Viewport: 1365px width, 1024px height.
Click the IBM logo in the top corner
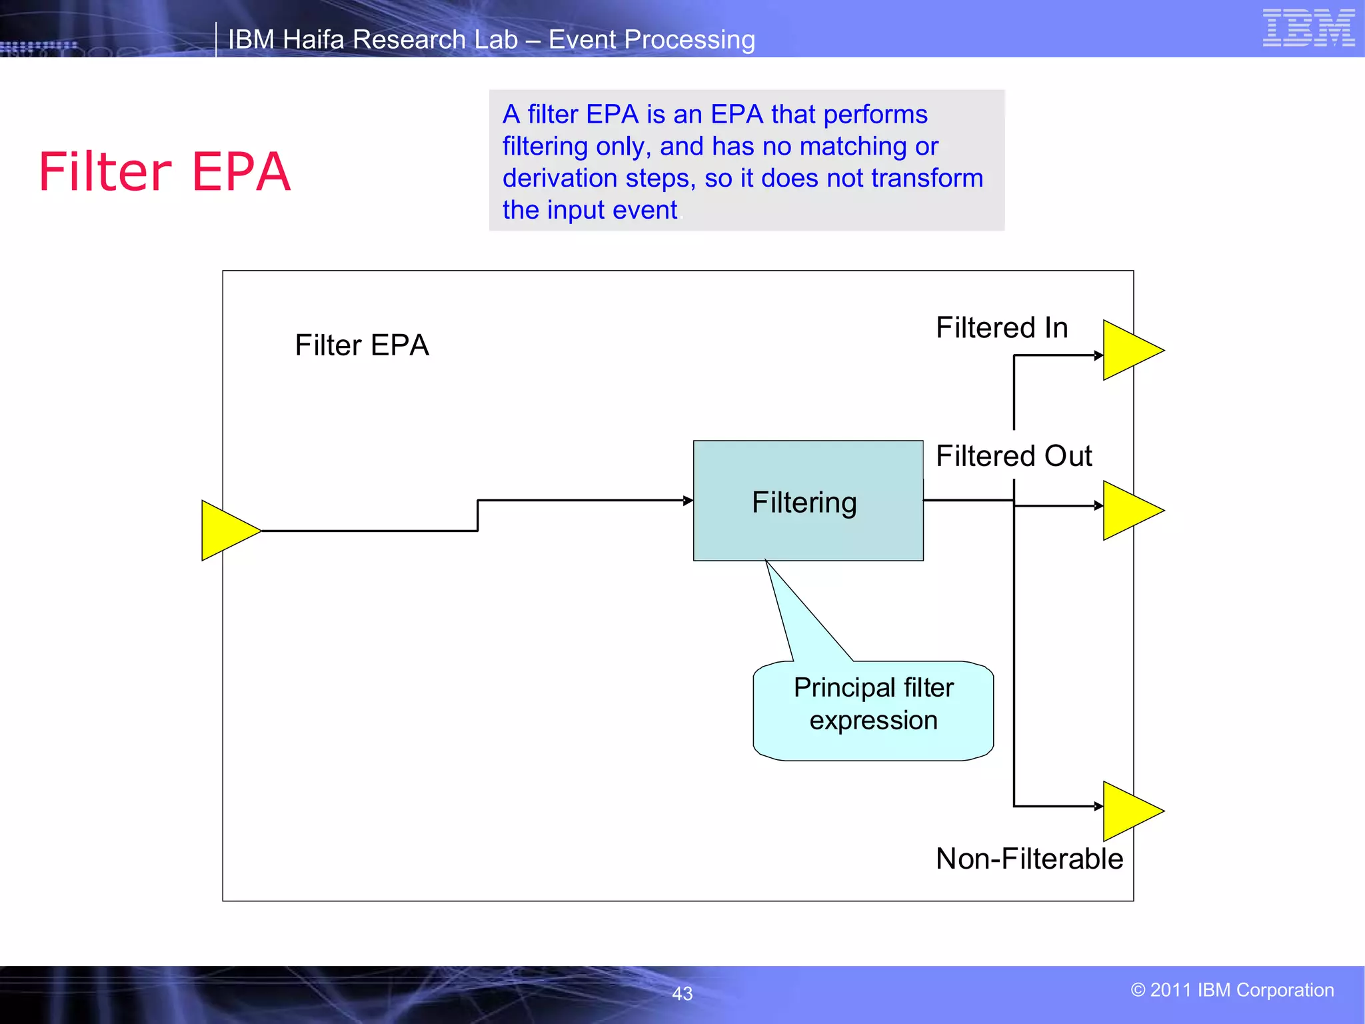tap(1308, 28)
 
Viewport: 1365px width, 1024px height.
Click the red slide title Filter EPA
tap(165, 172)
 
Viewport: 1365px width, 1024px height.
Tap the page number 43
tap(682, 993)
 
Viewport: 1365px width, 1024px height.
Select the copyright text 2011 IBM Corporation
tap(1232, 990)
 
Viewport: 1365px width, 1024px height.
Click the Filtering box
tap(808, 501)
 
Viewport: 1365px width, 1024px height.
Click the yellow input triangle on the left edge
tap(227, 531)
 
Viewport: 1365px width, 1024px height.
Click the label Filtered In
tap(1002, 328)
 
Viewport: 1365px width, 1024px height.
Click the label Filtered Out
tap(1014, 457)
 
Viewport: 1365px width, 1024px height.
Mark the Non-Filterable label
tap(1029, 859)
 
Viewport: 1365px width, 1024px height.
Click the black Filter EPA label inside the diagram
tap(362, 345)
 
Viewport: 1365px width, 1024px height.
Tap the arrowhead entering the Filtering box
tap(688, 500)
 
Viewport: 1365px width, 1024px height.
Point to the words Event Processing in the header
tap(651, 40)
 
